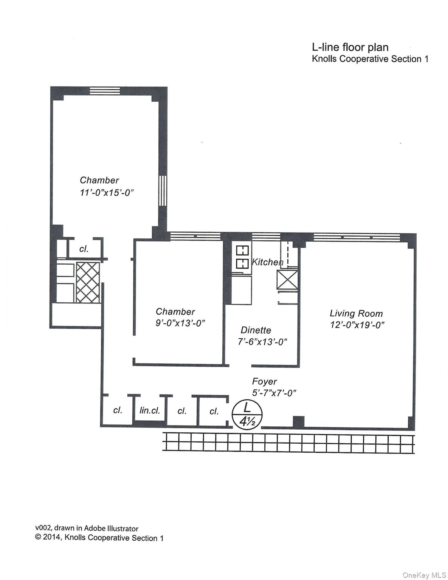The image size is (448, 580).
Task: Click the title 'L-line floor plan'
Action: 350,47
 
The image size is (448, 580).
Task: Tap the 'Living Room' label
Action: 356,313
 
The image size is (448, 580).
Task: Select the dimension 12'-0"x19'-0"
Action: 357,325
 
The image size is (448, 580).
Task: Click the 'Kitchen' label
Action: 267,262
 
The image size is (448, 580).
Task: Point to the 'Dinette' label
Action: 256,330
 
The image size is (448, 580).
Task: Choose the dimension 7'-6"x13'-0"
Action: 262,342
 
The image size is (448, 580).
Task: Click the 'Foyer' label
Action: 264,381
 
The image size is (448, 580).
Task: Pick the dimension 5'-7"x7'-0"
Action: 274,393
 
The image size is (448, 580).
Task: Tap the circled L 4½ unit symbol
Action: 246,414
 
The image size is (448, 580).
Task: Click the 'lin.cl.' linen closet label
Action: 150,410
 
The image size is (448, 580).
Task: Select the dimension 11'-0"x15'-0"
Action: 107,193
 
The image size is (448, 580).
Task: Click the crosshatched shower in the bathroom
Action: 88,282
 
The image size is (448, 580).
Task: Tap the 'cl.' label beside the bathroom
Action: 84,249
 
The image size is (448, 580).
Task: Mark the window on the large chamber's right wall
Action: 162,191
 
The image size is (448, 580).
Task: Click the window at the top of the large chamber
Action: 105,91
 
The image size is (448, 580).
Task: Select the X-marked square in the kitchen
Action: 287,280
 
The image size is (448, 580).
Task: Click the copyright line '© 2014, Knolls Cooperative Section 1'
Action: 99,538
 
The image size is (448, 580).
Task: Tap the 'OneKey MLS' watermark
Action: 424,575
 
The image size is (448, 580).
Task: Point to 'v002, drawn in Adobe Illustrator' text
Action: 87,529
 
